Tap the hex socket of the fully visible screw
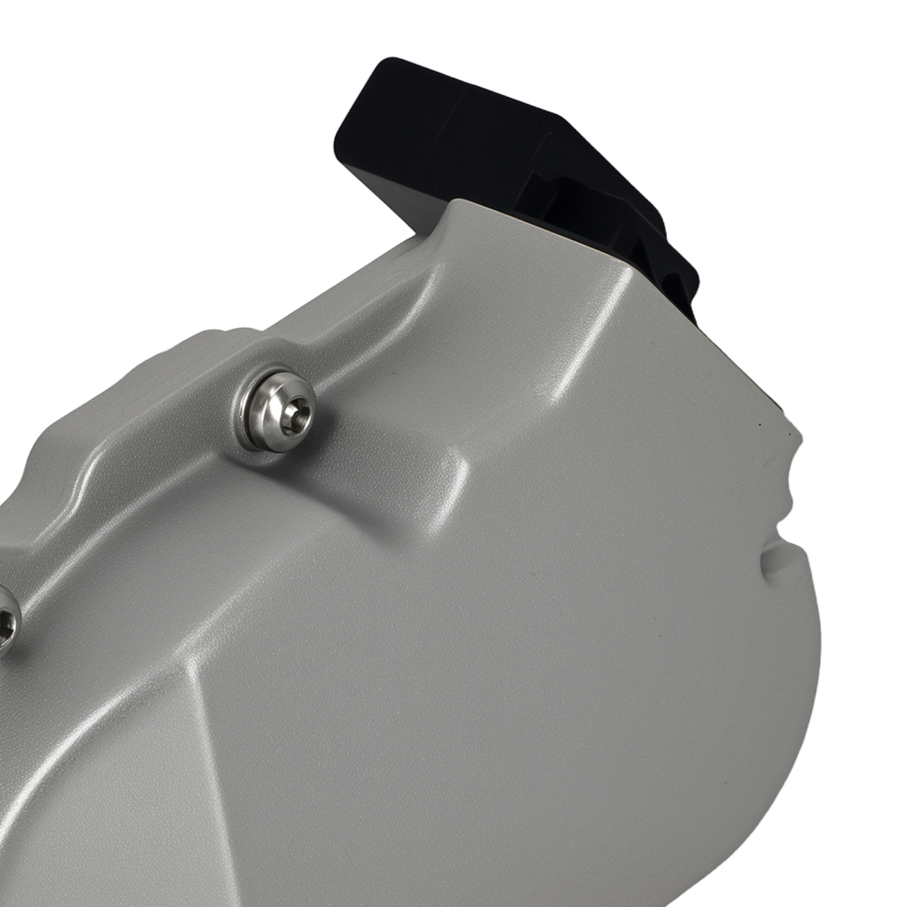pos(293,416)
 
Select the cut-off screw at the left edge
pos(7,620)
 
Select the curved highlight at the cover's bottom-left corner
pos(27,816)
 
